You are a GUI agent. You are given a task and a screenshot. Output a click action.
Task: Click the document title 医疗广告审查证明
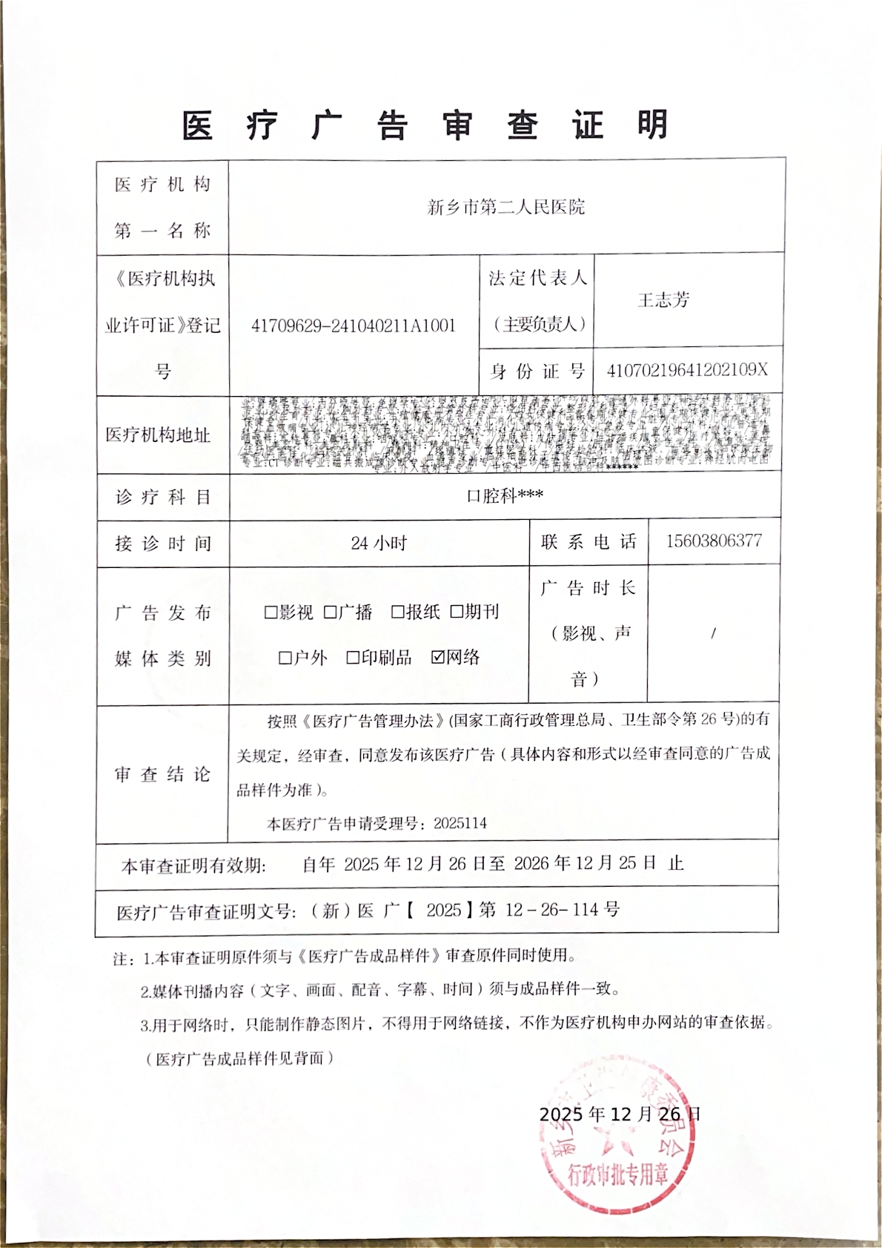(425, 125)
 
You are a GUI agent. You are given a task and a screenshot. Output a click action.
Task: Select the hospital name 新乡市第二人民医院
(506, 207)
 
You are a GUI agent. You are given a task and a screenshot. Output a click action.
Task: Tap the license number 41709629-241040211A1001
(354, 326)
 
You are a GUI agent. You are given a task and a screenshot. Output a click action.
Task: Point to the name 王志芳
(663, 300)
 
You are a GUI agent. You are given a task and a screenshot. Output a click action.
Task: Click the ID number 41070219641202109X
(687, 370)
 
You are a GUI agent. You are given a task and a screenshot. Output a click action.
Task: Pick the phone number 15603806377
(713, 541)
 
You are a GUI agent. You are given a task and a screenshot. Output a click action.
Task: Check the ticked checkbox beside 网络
(437, 656)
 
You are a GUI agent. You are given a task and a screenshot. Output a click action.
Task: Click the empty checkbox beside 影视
(271, 613)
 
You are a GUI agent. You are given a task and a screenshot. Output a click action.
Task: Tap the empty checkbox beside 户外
(285, 658)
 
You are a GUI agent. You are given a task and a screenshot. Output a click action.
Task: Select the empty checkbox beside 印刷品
(353, 658)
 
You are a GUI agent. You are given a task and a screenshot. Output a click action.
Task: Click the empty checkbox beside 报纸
(397, 612)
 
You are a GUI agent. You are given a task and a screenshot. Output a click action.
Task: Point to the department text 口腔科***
(505, 495)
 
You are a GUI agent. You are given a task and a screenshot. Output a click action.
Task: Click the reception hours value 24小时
(379, 543)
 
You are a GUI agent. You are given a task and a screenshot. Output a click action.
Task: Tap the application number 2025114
(460, 823)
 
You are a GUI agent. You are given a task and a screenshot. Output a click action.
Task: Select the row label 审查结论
(162, 774)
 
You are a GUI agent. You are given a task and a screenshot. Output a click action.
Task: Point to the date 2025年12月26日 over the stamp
(620, 1114)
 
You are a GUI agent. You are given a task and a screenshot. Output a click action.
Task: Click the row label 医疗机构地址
(158, 435)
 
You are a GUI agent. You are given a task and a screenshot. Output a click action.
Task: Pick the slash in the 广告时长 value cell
(713, 633)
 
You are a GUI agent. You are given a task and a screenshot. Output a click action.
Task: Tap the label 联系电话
(588, 542)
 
